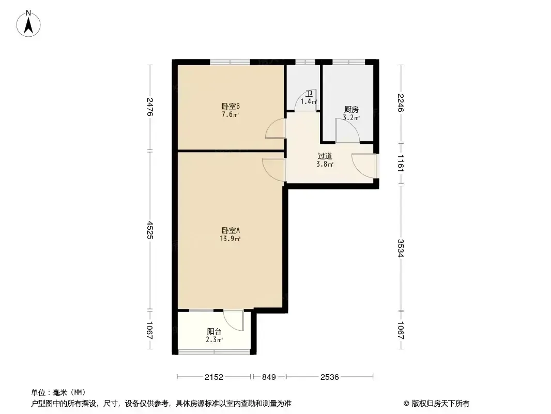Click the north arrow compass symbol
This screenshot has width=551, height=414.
pyautogui.click(x=28, y=24)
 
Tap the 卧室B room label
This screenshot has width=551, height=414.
pyautogui.click(x=231, y=106)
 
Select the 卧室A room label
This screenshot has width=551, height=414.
pyautogui.click(x=231, y=230)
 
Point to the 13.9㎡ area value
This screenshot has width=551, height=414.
pyautogui.click(x=230, y=239)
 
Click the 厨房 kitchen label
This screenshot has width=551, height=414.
pyautogui.click(x=351, y=110)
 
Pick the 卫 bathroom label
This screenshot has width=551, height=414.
pyautogui.click(x=309, y=94)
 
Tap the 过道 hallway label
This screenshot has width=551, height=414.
pyautogui.click(x=325, y=156)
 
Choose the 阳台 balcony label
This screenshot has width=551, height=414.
pyautogui.click(x=214, y=331)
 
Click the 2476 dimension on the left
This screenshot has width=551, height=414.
pyautogui.click(x=150, y=107)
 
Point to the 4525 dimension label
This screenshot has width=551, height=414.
pyautogui.click(x=150, y=230)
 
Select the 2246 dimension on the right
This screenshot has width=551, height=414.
pyautogui.click(x=401, y=102)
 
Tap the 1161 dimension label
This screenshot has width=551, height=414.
pyautogui.click(x=401, y=162)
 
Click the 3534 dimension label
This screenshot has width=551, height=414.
pyautogui.click(x=401, y=248)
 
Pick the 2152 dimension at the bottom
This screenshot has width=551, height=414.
pyautogui.click(x=214, y=377)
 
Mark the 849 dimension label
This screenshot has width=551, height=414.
pyautogui.click(x=269, y=377)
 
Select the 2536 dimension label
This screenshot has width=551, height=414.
pyautogui.click(x=330, y=377)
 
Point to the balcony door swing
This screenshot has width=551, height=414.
pyautogui.click(x=234, y=320)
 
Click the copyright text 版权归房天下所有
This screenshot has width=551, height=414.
pyautogui.click(x=440, y=404)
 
